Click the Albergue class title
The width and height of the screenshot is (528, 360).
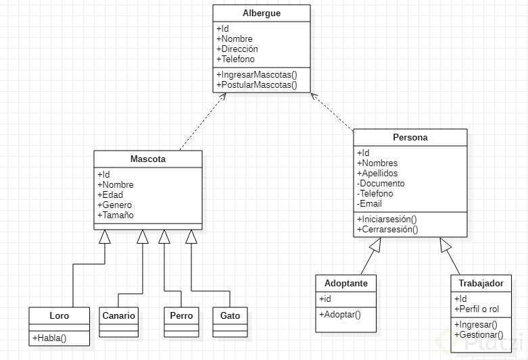click(x=261, y=14)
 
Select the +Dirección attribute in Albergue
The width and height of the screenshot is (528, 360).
click(x=237, y=49)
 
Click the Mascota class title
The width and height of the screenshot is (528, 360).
click(x=147, y=159)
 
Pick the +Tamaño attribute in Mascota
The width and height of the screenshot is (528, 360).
click(x=116, y=215)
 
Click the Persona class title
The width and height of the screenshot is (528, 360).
click(x=410, y=138)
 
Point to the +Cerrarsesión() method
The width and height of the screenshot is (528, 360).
click(x=387, y=230)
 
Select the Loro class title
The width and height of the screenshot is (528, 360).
click(x=59, y=315)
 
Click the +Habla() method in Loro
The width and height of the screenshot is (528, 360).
click(x=49, y=338)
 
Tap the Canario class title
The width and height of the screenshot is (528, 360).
click(x=118, y=315)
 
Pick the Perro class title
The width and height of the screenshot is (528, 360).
click(x=181, y=315)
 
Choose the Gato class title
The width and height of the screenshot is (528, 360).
click(x=230, y=315)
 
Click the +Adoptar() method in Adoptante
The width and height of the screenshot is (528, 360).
click(x=340, y=315)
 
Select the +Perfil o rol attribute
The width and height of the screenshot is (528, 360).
click(x=477, y=309)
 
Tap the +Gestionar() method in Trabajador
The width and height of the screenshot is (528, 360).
click(x=479, y=335)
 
